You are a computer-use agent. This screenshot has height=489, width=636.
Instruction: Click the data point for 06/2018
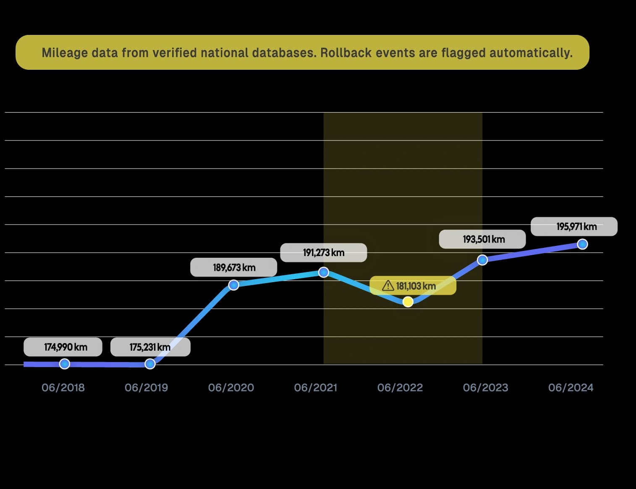tap(64, 364)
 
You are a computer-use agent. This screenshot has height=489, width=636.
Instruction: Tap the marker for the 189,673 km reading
tap(233, 285)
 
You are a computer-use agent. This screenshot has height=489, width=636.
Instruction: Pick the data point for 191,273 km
tap(323, 272)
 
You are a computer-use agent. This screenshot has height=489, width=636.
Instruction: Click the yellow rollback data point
tap(408, 301)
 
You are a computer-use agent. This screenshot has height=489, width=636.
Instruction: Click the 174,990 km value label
tap(63, 347)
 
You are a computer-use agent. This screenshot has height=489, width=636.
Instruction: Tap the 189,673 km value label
tap(233, 267)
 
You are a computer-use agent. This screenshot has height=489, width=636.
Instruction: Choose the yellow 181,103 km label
tap(413, 286)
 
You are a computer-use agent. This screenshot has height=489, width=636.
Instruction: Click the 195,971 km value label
tap(574, 227)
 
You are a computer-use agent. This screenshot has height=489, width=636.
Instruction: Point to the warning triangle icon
tap(388, 286)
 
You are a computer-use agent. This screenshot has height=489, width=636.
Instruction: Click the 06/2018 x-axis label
tap(63, 387)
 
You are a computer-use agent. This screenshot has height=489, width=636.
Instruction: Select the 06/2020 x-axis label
tap(231, 387)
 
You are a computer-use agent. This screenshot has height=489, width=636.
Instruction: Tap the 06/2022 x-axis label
tap(400, 387)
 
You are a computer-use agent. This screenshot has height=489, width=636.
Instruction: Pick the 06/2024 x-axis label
tap(571, 387)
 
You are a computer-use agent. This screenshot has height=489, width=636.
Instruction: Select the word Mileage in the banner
tap(65, 53)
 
